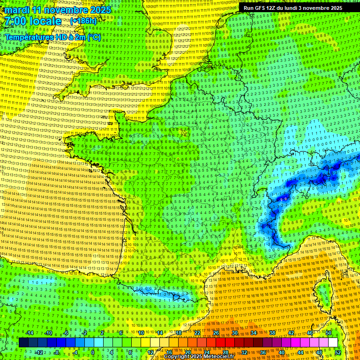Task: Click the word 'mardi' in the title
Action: [x=17, y=10]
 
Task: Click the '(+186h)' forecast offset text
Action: [x=83, y=21]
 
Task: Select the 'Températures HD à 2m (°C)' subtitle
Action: [x=53, y=37]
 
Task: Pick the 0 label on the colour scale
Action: [x=93, y=352]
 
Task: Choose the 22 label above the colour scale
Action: [x=197, y=333]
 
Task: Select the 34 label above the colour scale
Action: [x=254, y=333]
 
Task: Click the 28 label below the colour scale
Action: [x=225, y=352]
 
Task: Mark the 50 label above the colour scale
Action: [x=329, y=333]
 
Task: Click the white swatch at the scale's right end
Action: [x=333, y=343]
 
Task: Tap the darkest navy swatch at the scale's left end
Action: [x=23, y=343]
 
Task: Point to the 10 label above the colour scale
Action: [x=141, y=333]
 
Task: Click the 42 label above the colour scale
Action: [x=291, y=333]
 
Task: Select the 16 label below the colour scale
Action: [x=169, y=352]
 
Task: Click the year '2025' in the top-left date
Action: [x=99, y=10]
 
